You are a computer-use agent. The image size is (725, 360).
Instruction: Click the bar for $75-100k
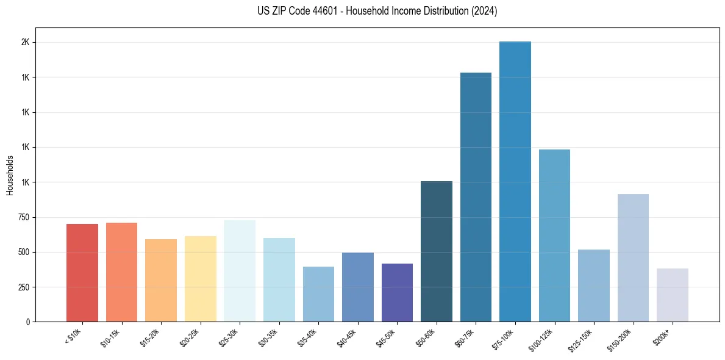click(515, 183)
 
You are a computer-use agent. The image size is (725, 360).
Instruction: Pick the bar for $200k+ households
click(673, 295)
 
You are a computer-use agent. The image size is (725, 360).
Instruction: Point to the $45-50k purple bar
click(397, 293)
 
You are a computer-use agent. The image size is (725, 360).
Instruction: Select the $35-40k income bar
click(318, 294)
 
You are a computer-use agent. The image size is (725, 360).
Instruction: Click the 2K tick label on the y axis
click(26, 43)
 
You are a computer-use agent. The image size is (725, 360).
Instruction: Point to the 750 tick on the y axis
click(23, 217)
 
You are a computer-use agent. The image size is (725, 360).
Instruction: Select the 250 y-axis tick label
click(23, 287)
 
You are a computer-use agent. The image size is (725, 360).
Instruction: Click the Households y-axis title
click(10, 175)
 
